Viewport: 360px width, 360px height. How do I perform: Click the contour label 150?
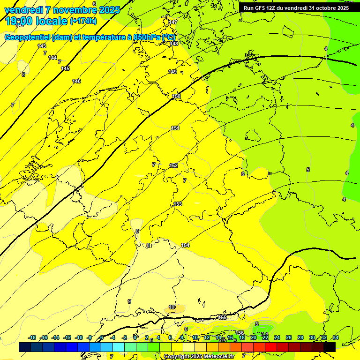pos(176,96)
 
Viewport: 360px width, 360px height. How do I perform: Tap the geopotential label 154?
pos(185,245)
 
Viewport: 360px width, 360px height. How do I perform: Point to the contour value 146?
pos(76,81)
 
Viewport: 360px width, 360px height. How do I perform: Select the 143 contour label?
pos(42,46)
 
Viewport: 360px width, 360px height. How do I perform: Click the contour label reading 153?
pos(178,204)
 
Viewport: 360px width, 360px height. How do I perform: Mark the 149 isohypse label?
pos(172,72)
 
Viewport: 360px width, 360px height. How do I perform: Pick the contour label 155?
pos(222,317)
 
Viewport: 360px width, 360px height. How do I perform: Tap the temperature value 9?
pos(129,301)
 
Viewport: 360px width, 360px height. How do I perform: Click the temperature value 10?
pos(172,307)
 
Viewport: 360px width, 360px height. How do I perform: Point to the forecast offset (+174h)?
pos(83,21)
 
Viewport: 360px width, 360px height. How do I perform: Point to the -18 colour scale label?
pos(32,337)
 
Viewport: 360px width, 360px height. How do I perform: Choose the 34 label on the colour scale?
pos(336,337)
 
